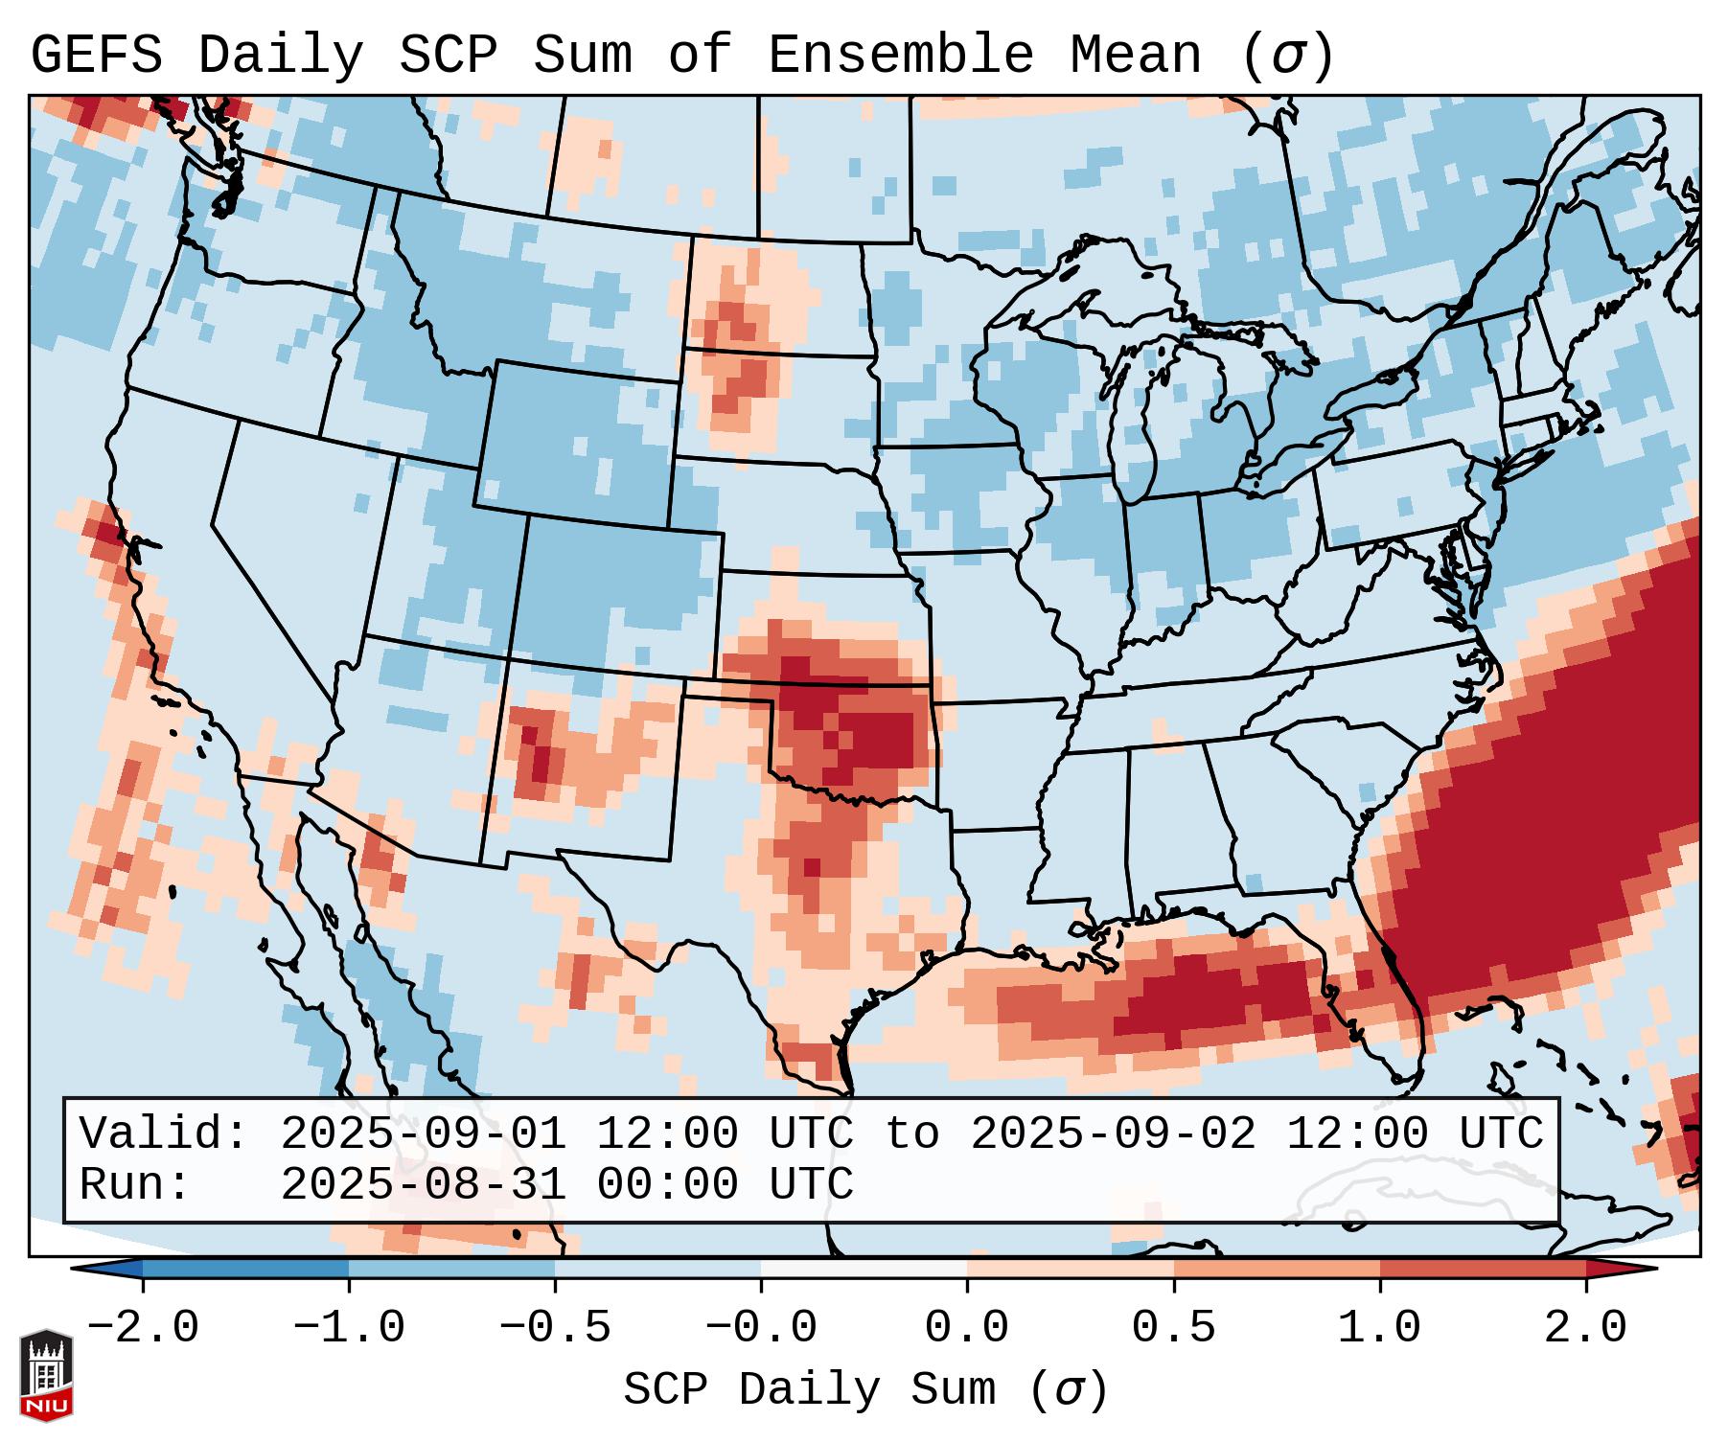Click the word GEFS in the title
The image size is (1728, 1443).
96,55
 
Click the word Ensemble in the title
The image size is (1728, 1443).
901,55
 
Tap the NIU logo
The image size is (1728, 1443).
46,1374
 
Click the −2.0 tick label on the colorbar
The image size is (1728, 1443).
143,1328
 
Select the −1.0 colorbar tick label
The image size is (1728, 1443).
349,1328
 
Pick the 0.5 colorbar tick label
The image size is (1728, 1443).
1174,1328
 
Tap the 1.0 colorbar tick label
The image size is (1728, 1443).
1380,1328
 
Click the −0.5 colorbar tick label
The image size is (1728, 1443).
555,1328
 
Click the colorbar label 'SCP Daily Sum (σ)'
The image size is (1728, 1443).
865,1389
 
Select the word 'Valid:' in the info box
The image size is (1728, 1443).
164,1134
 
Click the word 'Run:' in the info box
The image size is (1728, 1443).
135,1184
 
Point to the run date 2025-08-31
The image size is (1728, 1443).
424,1184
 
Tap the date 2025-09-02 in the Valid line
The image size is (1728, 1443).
1114,1134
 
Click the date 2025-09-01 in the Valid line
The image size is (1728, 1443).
424,1134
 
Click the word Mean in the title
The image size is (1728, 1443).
1136,55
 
